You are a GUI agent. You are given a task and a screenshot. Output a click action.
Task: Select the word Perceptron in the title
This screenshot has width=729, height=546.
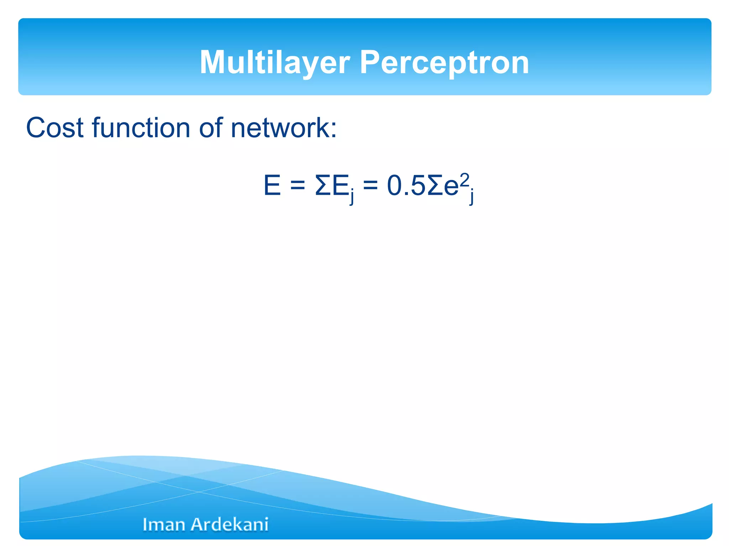pos(444,63)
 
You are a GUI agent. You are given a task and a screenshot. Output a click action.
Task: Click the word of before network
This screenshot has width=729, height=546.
pos(210,128)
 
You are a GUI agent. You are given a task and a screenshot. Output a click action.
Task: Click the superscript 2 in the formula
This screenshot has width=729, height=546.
pos(464,179)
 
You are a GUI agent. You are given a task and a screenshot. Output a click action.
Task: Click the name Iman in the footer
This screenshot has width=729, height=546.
pos(164,525)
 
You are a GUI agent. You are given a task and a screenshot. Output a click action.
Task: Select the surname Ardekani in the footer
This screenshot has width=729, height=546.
pos(230,525)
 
